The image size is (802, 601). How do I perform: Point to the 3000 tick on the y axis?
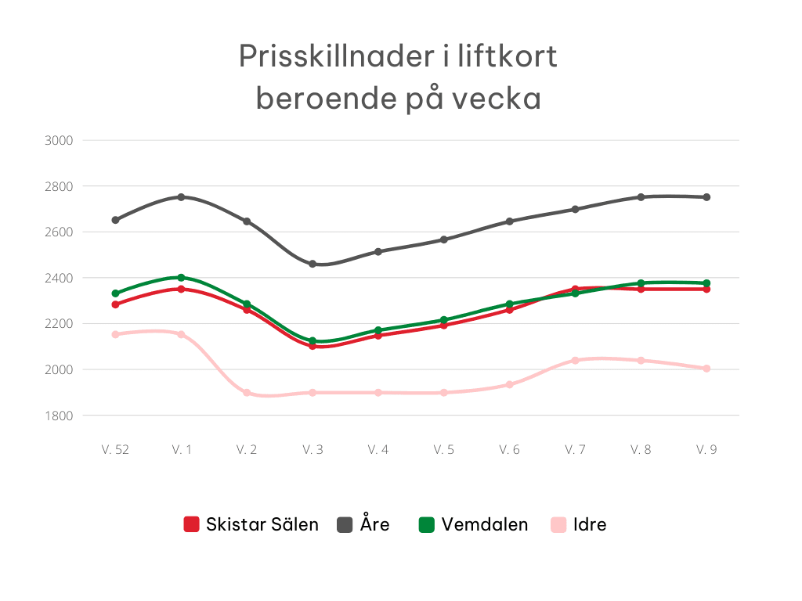[x=60, y=141]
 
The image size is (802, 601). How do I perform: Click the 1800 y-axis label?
[x=60, y=416]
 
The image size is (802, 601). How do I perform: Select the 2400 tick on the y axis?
[x=60, y=278]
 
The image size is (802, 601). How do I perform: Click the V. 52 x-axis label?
[x=115, y=450]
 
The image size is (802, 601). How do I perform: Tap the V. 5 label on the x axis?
[x=443, y=450]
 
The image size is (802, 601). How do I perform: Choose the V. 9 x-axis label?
[x=706, y=450]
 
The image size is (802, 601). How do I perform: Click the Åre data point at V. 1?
[x=181, y=197]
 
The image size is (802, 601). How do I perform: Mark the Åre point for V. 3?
[x=312, y=264]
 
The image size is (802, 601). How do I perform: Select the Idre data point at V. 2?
[x=247, y=392]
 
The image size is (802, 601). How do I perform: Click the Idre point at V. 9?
[x=706, y=368]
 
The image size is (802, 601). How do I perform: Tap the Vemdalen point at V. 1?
[x=181, y=278]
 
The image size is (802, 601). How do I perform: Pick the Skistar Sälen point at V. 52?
[x=115, y=304]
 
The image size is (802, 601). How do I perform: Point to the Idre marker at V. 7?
[x=575, y=360]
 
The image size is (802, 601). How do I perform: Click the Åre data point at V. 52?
[x=115, y=220]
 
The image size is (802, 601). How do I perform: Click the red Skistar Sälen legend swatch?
[x=192, y=524]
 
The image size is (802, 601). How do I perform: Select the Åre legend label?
[x=374, y=524]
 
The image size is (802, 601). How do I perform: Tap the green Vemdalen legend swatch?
[x=426, y=524]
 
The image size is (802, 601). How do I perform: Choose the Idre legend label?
[x=589, y=524]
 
